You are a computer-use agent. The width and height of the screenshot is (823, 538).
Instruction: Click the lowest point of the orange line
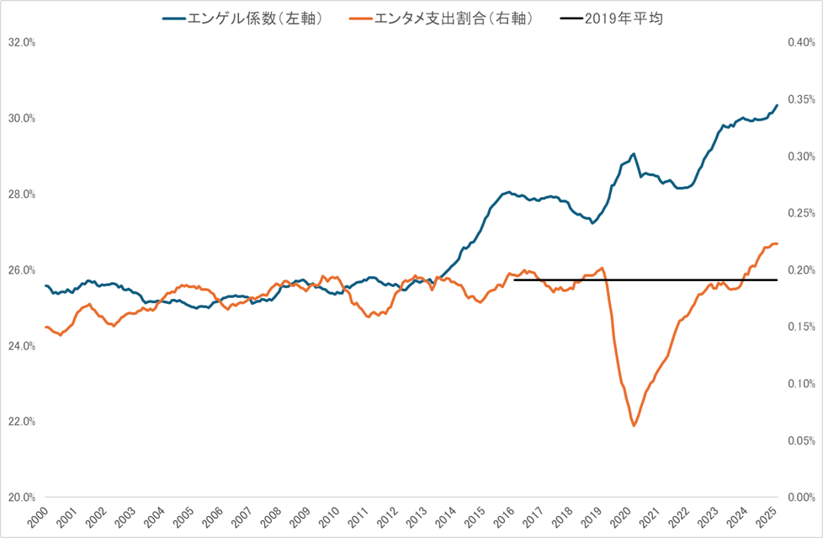[x=634, y=426]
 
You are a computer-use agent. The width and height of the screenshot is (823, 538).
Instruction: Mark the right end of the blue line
[x=778, y=105]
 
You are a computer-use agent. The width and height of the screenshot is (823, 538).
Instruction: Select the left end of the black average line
[x=514, y=280]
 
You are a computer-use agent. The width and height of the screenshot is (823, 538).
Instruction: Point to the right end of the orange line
[x=778, y=243]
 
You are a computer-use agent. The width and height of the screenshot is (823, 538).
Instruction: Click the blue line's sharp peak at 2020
[x=634, y=153]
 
